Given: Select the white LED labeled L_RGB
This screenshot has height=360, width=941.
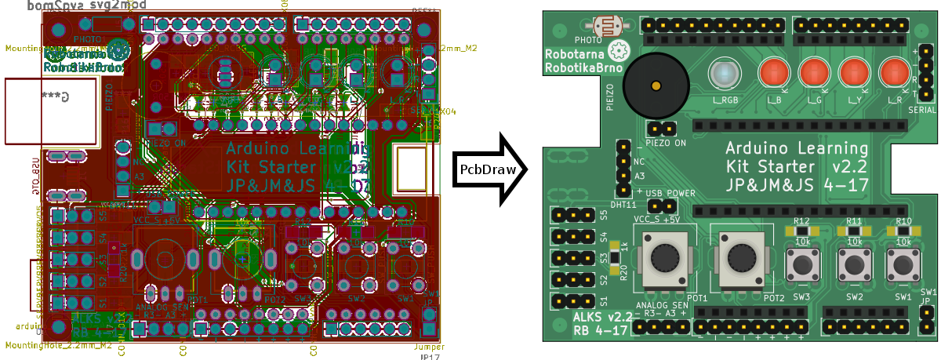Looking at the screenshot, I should click(x=722, y=75).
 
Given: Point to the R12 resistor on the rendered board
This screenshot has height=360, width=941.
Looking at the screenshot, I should click(x=801, y=231).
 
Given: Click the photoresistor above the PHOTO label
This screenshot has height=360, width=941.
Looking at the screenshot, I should click(x=607, y=26).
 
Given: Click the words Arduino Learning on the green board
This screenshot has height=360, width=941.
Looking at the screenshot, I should click(x=796, y=148).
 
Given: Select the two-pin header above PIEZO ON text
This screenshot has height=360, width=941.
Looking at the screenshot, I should click(x=663, y=128).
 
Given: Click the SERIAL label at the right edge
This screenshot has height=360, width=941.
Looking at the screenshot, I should click(x=921, y=111).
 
